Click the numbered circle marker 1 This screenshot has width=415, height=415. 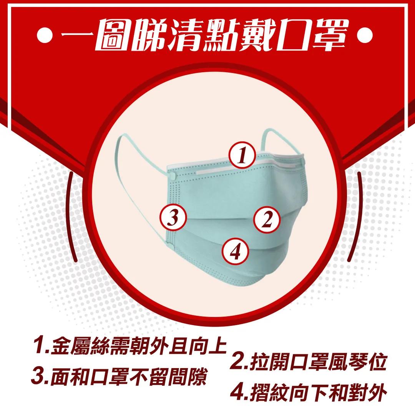coord(242,155)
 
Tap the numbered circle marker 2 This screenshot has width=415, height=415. coord(267,219)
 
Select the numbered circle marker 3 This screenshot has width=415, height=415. coord(173,217)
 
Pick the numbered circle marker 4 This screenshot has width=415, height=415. coord(235,251)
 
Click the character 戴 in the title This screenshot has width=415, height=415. coord(255,35)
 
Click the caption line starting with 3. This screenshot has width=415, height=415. coord(119,376)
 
